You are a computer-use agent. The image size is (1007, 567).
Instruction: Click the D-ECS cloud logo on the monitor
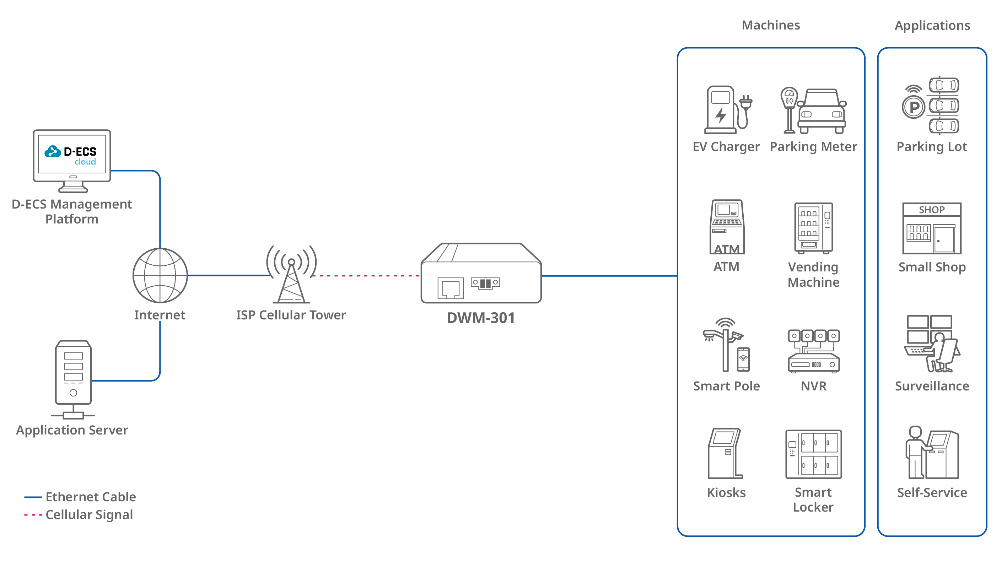[70, 156]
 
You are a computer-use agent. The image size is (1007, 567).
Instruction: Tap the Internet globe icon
[160, 275]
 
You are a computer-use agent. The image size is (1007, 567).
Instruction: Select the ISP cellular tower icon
[291, 274]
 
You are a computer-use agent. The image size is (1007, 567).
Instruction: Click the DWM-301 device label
[481, 318]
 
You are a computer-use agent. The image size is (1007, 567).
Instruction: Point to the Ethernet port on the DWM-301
[450, 288]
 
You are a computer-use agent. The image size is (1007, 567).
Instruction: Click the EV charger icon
[727, 110]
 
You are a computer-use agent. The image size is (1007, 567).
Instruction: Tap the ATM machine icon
[727, 227]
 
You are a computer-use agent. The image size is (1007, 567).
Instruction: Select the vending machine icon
[813, 228]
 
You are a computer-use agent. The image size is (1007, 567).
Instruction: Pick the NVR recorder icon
[813, 351]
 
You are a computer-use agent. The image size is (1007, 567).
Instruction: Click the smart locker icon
[813, 454]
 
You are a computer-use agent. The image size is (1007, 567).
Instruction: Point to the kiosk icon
[725, 453]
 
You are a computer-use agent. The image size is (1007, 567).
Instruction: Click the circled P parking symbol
[914, 107]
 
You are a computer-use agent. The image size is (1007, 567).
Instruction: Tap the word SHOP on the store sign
[932, 210]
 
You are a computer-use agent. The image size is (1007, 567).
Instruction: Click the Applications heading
[932, 25]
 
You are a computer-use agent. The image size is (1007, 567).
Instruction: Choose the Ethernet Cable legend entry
[80, 497]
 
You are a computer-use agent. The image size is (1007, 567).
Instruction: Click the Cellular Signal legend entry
[79, 515]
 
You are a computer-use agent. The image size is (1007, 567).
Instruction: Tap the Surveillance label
[932, 386]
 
